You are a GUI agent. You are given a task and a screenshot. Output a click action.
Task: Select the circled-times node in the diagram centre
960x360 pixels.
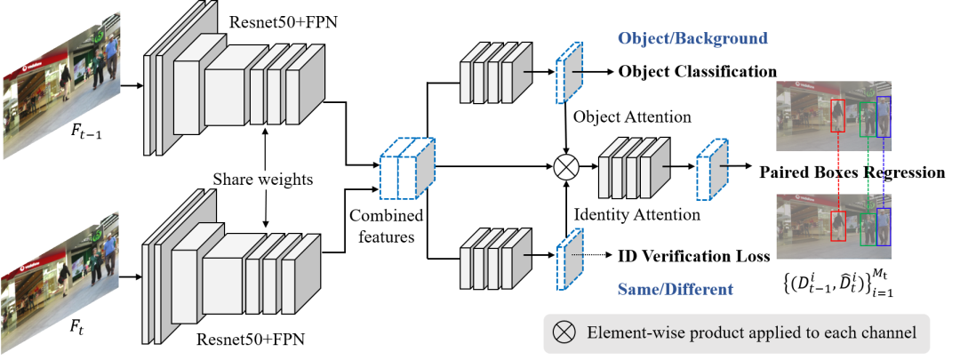(566, 165)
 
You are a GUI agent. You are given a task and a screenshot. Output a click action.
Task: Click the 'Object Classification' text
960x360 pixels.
(698, 71)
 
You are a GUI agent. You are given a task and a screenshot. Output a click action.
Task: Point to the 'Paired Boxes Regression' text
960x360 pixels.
(852, 172)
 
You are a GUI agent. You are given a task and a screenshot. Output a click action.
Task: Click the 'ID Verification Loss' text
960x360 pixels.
(693, 257)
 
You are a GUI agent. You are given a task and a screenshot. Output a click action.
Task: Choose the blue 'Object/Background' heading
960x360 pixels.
(693, 39)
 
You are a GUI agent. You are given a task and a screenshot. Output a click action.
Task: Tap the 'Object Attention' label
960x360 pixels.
(632, 116)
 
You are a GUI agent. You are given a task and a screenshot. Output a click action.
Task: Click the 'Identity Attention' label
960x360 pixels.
(637, 213)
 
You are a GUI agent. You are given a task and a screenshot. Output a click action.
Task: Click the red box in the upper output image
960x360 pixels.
(837, 118)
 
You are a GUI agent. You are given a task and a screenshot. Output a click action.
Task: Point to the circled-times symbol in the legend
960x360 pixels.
(564, 333)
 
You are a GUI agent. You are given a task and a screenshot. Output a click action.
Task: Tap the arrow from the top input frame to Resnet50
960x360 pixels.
(130, 86)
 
